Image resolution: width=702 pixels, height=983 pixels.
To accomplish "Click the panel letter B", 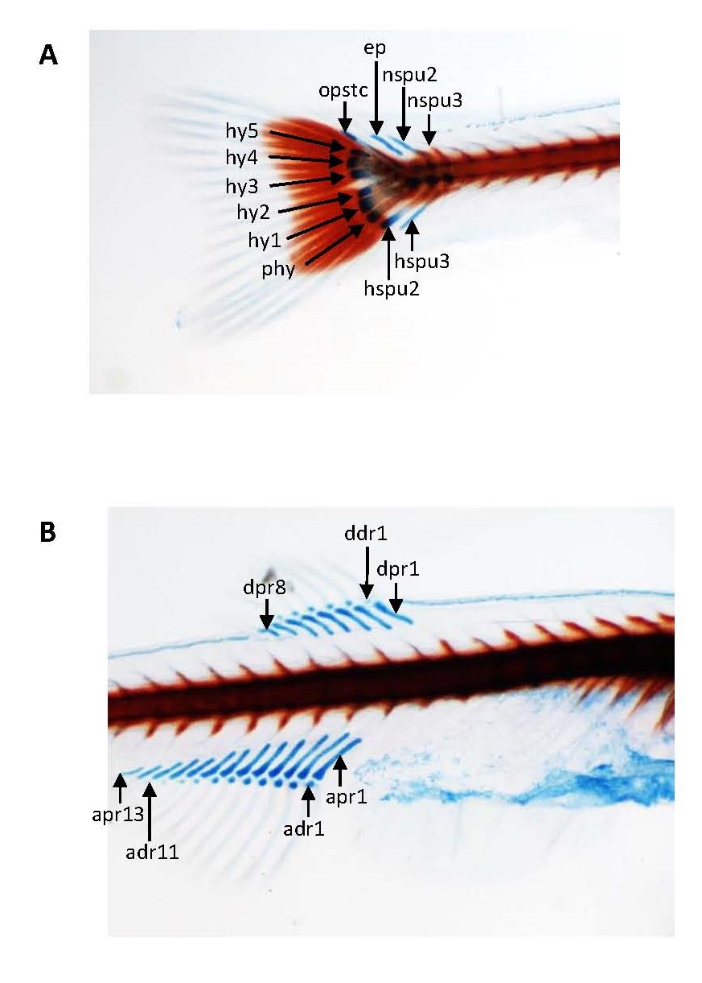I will [x=48, y=533].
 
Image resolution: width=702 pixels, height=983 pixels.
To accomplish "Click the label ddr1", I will [x=366, y=534].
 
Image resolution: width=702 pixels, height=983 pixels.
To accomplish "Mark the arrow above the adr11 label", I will [x=150, y=808].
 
